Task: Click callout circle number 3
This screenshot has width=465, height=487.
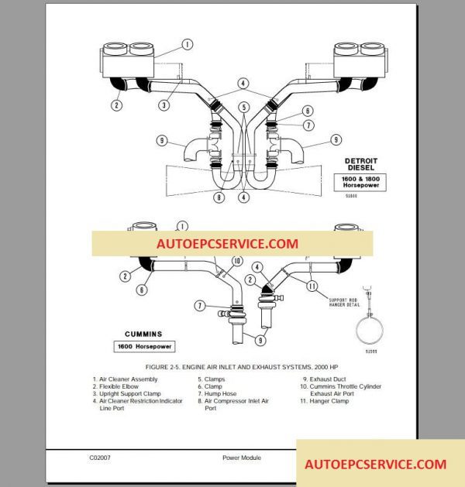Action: pyautogui.click(x=164, y=105)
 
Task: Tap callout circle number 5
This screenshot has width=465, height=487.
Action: pyautogui.click(x=243, y=107)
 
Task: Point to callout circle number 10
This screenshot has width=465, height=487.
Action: pyautogui.click(x=237, y=260)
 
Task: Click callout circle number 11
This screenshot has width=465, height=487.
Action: pyautogui.click(x=312, y=286)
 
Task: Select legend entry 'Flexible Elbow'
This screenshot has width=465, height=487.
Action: pyautogui.click(x=124, y=386)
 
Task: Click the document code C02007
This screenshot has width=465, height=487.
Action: pyautogui.click(x=100, y=458)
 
